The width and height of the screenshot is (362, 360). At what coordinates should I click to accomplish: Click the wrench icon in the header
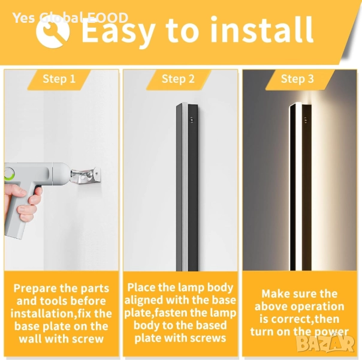[53, 32]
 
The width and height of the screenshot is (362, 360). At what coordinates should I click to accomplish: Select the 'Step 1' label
[59, 79]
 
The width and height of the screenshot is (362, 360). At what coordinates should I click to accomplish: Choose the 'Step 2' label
[178, 79]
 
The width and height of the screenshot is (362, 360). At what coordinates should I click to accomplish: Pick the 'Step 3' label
[297, 79]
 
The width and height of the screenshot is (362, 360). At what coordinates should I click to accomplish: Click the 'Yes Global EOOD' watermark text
[70, 18]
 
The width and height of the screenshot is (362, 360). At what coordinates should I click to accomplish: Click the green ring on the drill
[10, 175]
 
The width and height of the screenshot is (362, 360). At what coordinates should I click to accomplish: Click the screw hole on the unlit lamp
[192, 119]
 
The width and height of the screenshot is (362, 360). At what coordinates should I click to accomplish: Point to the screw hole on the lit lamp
[306, 119]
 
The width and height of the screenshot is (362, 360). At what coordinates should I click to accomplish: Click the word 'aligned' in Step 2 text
[144, 301]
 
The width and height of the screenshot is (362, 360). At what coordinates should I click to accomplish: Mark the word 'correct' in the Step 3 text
[291, 319]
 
